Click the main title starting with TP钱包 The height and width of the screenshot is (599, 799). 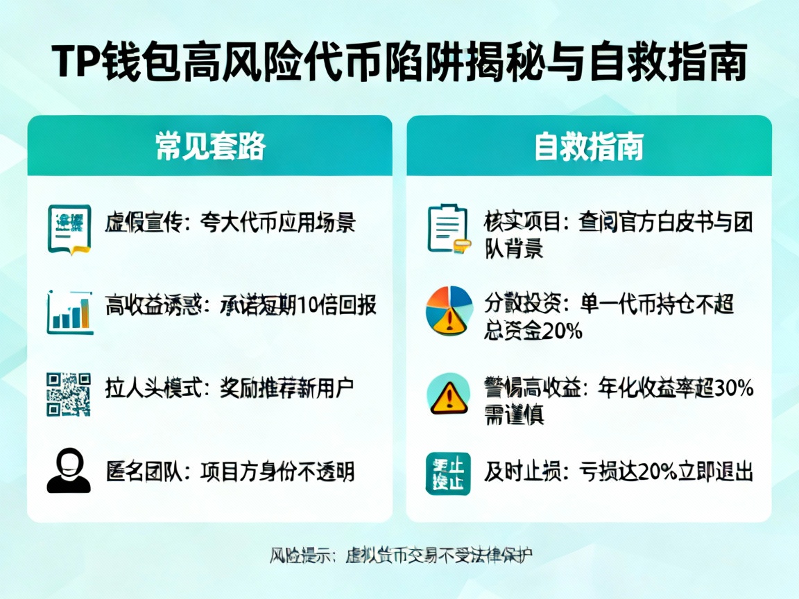pyautogui.click(x=399, y=64)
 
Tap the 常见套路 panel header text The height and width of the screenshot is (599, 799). pyautogui.click(x=210, y=146)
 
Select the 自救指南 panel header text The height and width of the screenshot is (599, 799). pyautogui.click(x=588, y=146)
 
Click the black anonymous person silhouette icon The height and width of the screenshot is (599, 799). pyautogui.click(x=69, y=471)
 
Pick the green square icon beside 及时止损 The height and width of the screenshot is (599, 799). pyautogui.click(x=447, y=474)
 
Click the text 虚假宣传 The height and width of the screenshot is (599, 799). pyautogui.click(x=143, y=223)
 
